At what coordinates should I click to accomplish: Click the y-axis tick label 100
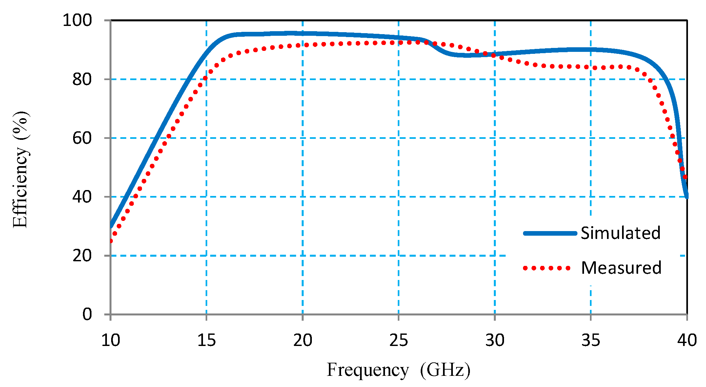tap(77, 20)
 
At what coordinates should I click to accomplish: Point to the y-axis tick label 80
tap(82, 79)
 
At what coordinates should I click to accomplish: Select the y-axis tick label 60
tap(82, 138)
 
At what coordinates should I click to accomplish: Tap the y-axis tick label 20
tap(82, 255)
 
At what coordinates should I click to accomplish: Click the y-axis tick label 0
tap(87, 314)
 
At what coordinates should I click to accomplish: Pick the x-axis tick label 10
tap(111, 340)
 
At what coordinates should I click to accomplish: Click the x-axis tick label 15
tap(206, 340)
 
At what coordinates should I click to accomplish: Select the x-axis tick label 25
tap(398, 340)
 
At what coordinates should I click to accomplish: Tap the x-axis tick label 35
tap(591, 340)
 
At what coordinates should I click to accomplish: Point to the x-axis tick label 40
tap(687, 340)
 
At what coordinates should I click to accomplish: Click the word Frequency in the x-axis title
tap(368, 370)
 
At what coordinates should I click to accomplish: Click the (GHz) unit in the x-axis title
tap(445, 370)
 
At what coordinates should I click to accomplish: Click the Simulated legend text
tap(620, 233)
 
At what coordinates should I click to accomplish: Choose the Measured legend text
tap(621, 268)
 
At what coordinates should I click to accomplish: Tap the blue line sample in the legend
tap(550, 233)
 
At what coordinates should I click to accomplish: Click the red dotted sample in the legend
tap(547, 268)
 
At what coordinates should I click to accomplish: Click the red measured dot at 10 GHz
tap(111, 241)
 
